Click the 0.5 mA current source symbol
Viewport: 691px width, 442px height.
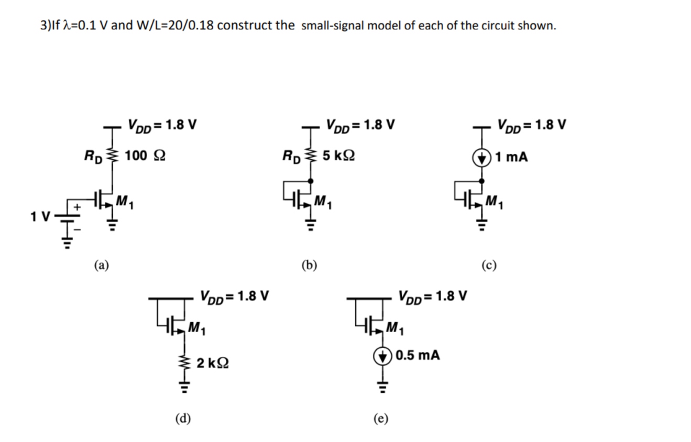(382, 356)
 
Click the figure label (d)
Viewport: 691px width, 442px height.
(183, 417)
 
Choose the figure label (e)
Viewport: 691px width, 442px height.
(381, 417)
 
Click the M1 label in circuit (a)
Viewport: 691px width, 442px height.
(125, 200)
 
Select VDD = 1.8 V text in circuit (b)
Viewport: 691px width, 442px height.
(360, 125)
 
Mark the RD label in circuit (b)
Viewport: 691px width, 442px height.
(291, 156)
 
